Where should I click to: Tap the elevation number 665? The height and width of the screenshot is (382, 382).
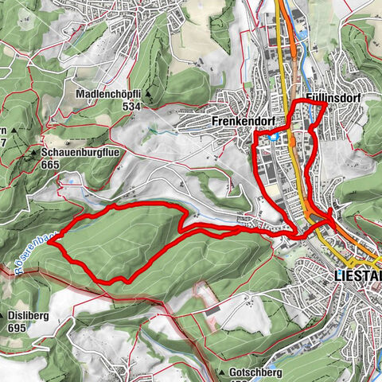pyautogui.click(x=52, y=163)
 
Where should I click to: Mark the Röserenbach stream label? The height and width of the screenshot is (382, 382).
pyautogui.click(x=30, y=248)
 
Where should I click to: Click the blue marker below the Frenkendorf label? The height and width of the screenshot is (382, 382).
pyautogui.click(x=273, y=138)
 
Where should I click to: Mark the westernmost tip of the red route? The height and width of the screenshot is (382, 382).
pyautogui.click(x=49, y=244)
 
